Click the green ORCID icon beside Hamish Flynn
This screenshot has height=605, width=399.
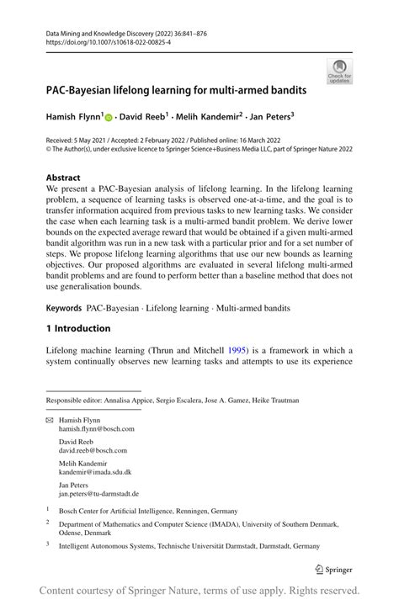[x=108, y=117]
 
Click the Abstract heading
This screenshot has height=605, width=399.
[x=63, y=178]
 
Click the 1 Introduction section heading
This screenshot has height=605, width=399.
[x=78, y=328]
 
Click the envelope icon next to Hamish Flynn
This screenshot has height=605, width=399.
[x=49, y=419]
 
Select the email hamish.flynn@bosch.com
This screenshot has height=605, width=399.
[x=96, y=428]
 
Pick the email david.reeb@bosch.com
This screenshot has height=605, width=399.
[x=93, y=450]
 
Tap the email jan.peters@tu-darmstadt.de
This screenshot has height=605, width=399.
[x=98, y=494]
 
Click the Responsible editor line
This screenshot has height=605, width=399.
[x=173, y=400]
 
